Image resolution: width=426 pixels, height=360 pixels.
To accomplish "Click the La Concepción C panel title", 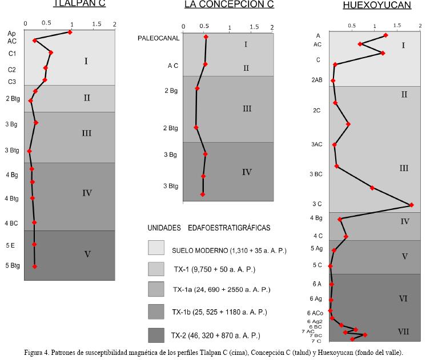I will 229,5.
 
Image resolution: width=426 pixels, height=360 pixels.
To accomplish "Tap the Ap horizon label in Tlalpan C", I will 12,34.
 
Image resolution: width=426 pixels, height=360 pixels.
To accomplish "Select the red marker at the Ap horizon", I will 70,32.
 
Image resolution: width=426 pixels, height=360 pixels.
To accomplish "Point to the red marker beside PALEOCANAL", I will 206,37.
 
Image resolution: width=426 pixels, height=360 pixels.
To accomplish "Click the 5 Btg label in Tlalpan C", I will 13,265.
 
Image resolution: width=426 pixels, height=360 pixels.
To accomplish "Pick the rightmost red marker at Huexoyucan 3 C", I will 411,205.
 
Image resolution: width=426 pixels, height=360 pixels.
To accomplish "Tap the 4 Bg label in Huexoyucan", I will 316,218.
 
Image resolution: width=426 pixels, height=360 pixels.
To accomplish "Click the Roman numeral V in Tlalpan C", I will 87,254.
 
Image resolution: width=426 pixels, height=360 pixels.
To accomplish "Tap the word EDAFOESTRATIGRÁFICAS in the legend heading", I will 229,228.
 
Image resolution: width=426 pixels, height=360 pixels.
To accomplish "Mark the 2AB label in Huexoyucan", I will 318,80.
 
